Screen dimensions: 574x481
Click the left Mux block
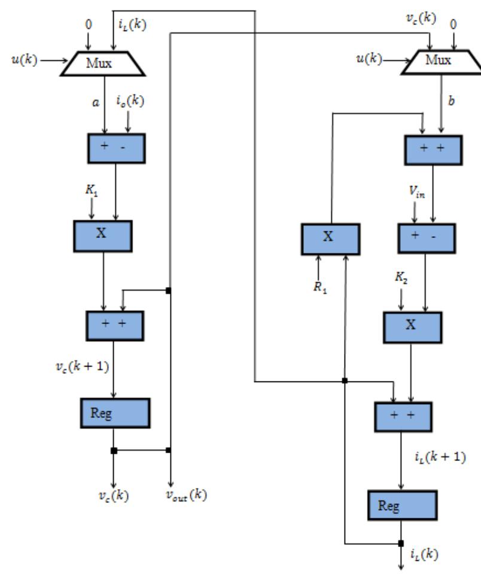pos(103,63)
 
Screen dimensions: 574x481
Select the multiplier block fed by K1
pos(102,235)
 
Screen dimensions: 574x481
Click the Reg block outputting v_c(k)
pos(114,412)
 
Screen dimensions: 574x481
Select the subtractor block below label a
pos(116,149)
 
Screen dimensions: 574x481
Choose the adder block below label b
pos(433,149)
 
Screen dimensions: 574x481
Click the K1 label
pos(92,192)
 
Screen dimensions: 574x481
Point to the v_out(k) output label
pos(186,495)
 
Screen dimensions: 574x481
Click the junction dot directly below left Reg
pos(114,450)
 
